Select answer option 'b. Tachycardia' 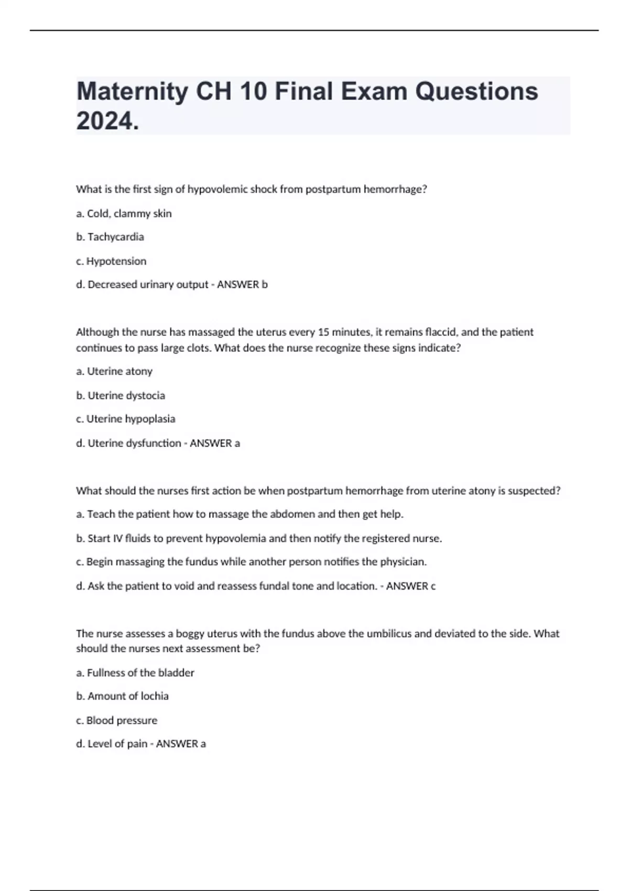[x=110, y=237]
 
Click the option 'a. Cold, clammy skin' [x=124, y=213]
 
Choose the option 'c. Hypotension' [x=111, y=261]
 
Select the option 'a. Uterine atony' [x=114, y=371]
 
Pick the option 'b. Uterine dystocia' [x=121, y=395]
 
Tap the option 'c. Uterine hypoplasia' [x=126, y=419]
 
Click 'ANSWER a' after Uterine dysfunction [x=215, y=443]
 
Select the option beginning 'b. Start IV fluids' [x=259, y=538]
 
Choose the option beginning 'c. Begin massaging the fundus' [x=252, y=562]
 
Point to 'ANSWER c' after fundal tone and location [x=411, y=586]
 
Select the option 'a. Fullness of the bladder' [x=135, y=672]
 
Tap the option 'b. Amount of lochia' [x=123, y=696]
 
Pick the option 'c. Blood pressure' [x=116, y=720]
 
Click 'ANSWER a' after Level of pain [x=181, y=744]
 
